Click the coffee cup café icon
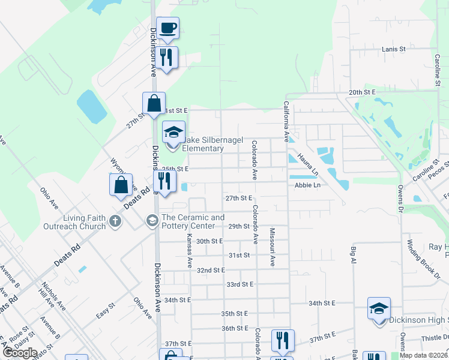pyautogui.click(x=169, y=28)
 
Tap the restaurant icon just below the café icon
pyautogui.click(x=166, y=57)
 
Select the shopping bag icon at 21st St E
pyautogui.click(x=154, y=103)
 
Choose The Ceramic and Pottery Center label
pyautogui.click(x=193, y=221)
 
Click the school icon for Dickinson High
pyautogui.click(x=379, y=309)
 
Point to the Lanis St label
pyautogui.click(x=394, y=48)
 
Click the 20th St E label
pyautogui.click(x=362, y=92)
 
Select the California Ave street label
pyautogui.click(x=287, y=121)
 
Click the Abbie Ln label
pyautogui.click(x=308, y=185)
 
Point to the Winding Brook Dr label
pyautogui.click(x=424, y=258)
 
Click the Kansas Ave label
pyautogui.click(x=190, y=250)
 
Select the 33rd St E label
pyautogui.click(x=240, y=284)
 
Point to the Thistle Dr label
pyautogui.click(x=435, y=338)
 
